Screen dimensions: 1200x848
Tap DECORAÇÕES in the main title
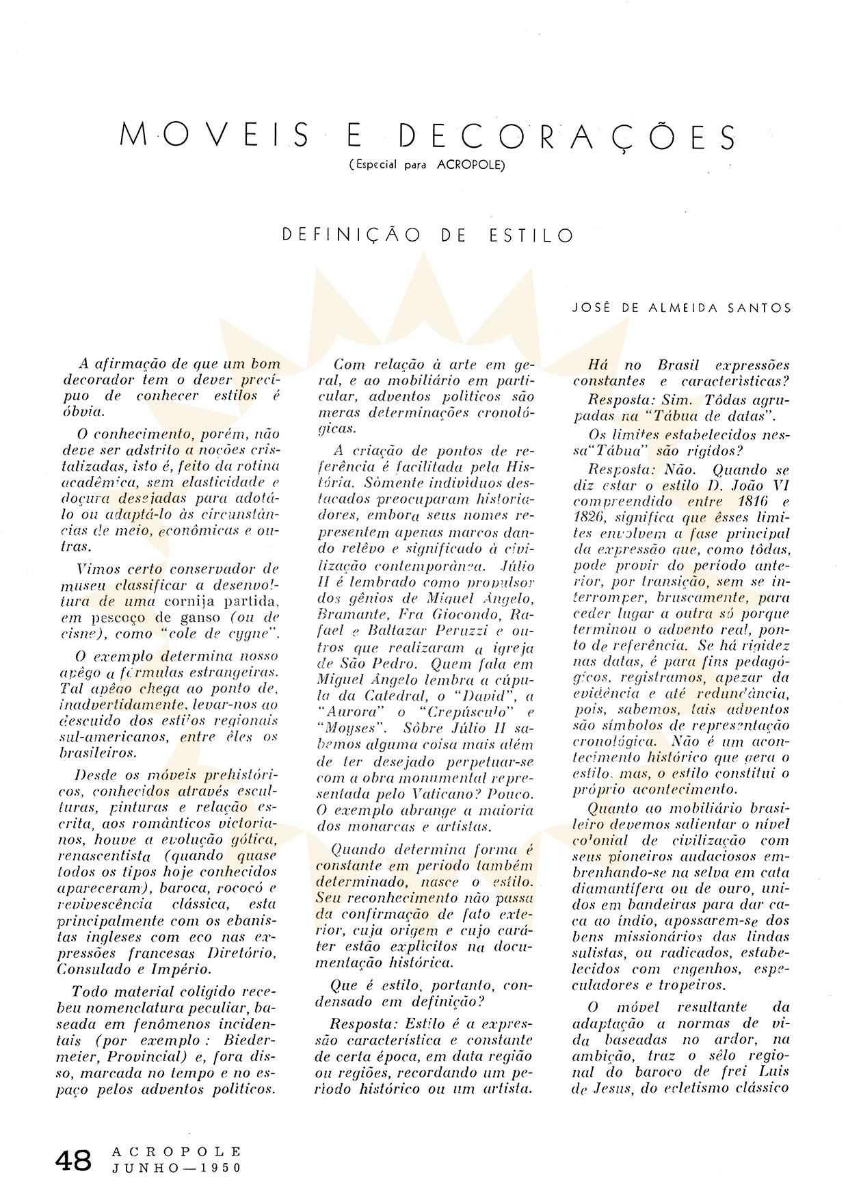567,136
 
